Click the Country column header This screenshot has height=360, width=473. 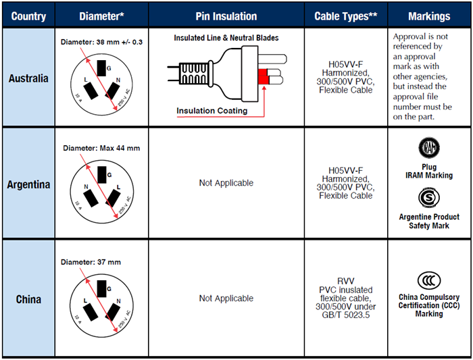(x=28, y=16)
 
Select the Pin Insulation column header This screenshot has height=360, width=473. (x=226, y=16)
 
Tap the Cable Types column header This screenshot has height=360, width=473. (x=345, y=16)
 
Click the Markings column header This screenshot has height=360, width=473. (x=429, y=16)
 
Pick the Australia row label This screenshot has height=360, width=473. (x=28, y=78)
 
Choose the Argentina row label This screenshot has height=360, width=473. (x=28, y=183)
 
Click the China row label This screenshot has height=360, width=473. (x=28, y=299)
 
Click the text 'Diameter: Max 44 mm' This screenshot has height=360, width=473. (x=101, y=148)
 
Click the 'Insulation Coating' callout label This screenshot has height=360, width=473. (x=212, y=111)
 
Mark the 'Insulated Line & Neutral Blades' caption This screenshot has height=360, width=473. (x=226, y=38)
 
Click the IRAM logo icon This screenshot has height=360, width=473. (x=428, y=148)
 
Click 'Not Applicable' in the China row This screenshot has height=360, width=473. (x=226, y=298)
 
